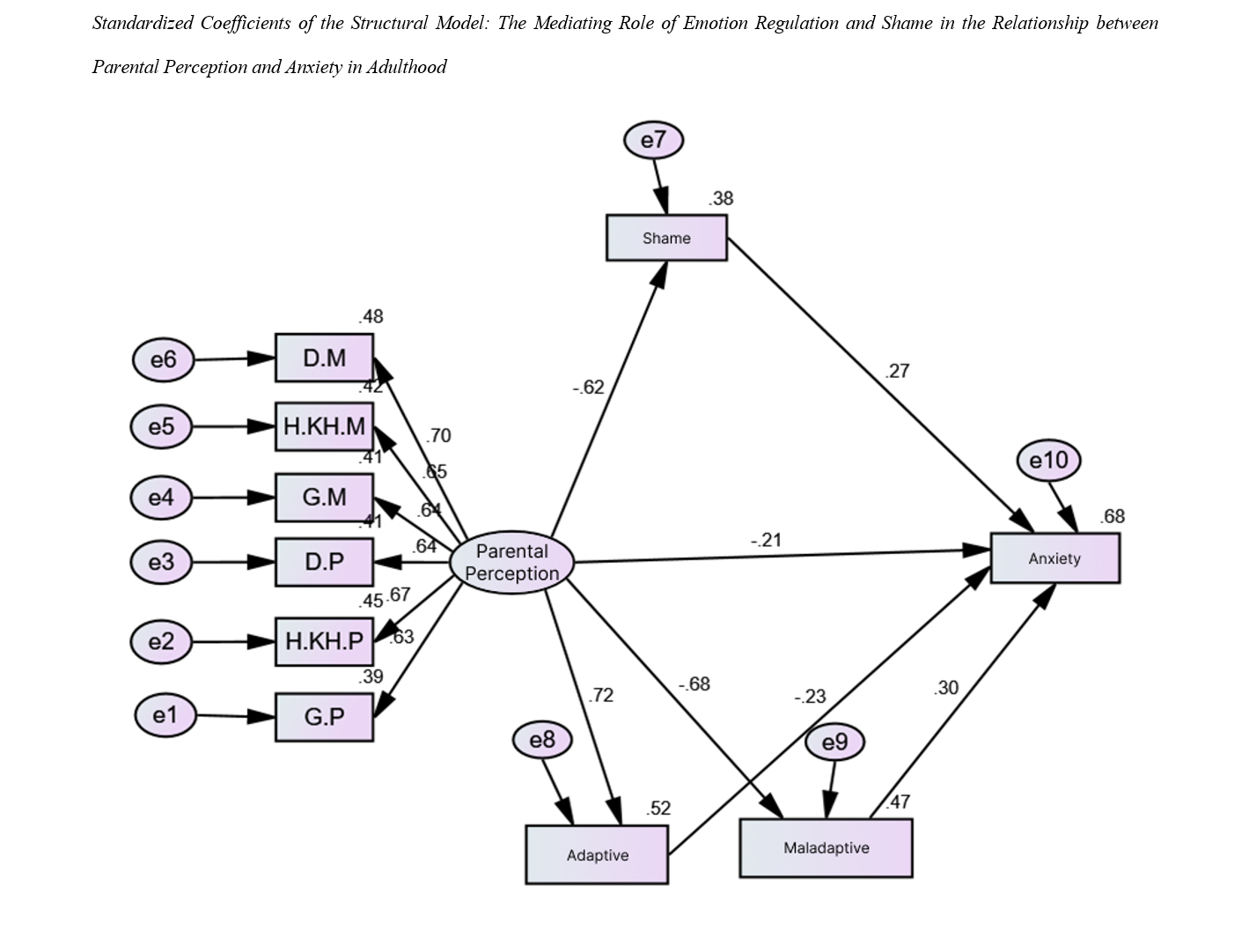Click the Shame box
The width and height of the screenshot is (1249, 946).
click(666, 238)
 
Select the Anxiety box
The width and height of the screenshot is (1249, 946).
click(1054, 558)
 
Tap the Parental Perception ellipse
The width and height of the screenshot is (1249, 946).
click(511, 562)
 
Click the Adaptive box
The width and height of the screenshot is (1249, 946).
click(597, 854)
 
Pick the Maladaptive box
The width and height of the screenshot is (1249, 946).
click(826, 848)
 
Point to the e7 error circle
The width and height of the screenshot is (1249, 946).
click(653, 140)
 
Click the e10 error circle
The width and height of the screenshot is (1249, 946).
click(1047, 461)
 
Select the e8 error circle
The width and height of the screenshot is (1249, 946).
click(542, 740)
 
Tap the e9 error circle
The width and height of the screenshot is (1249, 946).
click(834, 743)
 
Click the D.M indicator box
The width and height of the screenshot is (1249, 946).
click(324, 358)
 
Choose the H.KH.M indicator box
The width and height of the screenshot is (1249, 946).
click(324, 427)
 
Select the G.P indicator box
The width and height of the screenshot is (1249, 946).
click(324, 717)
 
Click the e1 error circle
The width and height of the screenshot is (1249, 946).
click(165, 714)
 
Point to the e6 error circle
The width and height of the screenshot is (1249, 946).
click(163, 359)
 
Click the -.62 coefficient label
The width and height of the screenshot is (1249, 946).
click(588, 387)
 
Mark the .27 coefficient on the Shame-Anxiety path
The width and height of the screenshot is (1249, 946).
click(897, 371)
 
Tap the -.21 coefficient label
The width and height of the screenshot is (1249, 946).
click(766, 540)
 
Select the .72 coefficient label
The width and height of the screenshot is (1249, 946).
click(600, 695)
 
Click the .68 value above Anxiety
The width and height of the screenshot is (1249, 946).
click(1113, 516)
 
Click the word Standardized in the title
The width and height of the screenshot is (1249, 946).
click(142, 24)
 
